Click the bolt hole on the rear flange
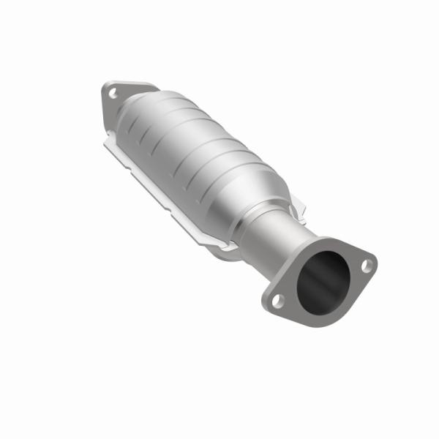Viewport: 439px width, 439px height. pyautogui.click(x=112, y=93)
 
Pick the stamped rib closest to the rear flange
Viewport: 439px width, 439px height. pyautogui.click(x=146, y=124)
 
